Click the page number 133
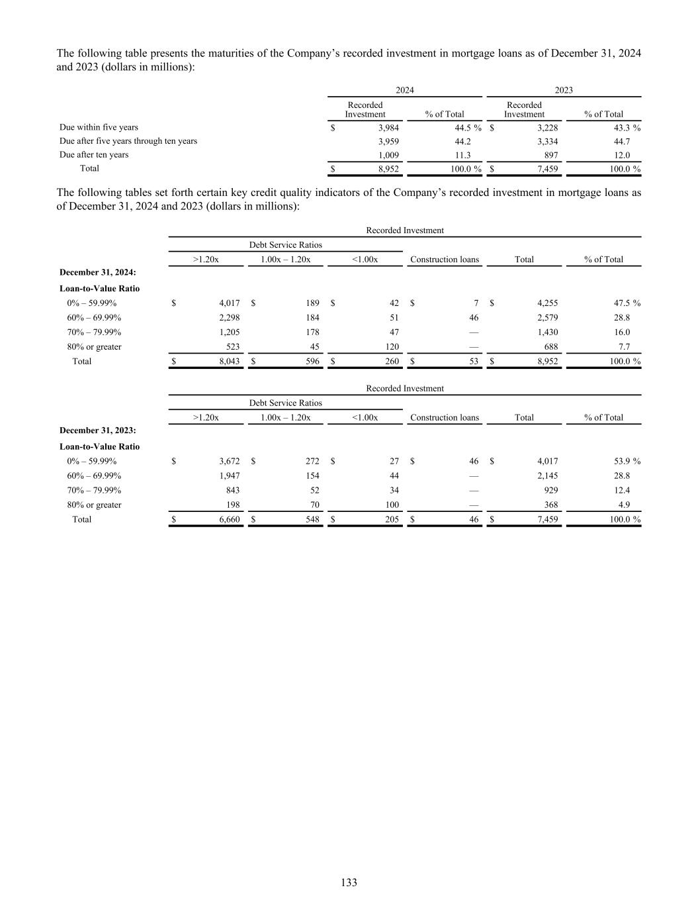pos(349,882)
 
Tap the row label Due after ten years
pos(94,155)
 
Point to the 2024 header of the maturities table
pos(404,90)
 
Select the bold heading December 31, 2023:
pos(98,432)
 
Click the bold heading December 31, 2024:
pos(98,274)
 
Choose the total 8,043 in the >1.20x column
pos(229,362)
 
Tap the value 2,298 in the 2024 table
pos(229,318)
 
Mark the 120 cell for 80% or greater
pos(392,347)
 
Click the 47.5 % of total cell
pos(625,303)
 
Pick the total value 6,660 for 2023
pos(229,520)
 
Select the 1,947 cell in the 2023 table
pos(229,476)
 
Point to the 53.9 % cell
pos(625,462)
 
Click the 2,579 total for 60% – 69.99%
pos(547,318)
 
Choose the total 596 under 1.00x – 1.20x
pos(310,362)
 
